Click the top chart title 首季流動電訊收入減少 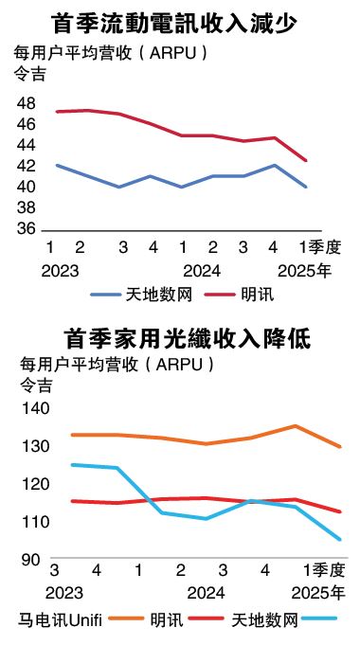point(179,21)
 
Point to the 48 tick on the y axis point(26,103)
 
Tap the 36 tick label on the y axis point(26,229)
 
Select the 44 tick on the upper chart point(26,145)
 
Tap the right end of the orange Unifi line point(340,446)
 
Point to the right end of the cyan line point(340,540)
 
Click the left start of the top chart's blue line point(57,165)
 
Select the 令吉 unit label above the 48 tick point(28,73)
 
